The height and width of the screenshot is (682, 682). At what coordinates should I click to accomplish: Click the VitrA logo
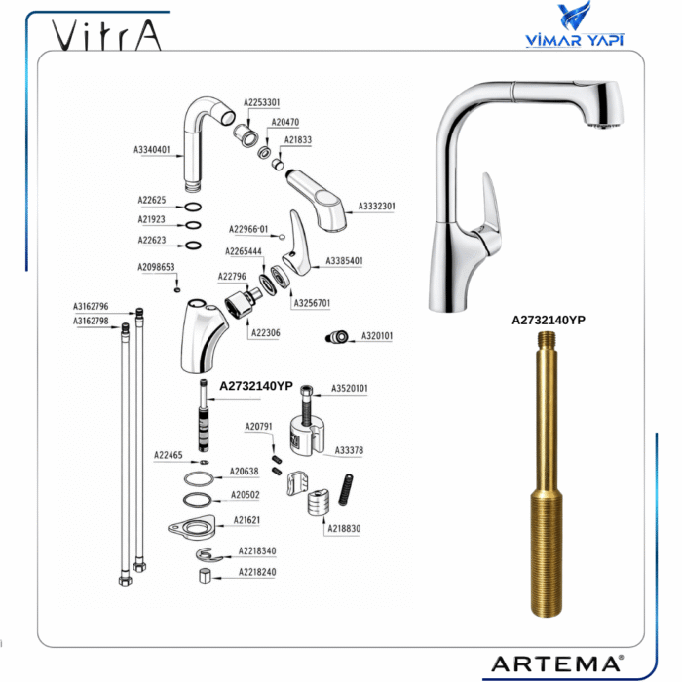[106, 35]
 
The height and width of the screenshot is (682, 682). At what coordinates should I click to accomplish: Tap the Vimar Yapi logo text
[575, 40]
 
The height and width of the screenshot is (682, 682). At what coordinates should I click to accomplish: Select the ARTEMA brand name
[557, 664]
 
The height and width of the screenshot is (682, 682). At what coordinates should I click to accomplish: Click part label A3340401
[151, 150]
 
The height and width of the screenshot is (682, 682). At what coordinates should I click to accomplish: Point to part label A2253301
[261, 102]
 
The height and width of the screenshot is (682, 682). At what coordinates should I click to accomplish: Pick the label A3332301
[377, 206]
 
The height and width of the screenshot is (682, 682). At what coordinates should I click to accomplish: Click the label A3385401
[344, 261]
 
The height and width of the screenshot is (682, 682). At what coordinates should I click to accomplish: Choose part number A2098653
[156, 267]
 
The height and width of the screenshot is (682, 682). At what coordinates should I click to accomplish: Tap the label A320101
[377, 336]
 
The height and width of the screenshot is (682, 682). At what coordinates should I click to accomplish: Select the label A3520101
[349, 388]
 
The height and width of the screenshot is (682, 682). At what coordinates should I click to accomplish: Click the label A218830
[344, 528]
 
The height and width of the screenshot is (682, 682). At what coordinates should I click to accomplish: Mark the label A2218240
[257, 572]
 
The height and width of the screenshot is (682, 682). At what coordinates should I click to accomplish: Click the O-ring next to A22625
[193, 207]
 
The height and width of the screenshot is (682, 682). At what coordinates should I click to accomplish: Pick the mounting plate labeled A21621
[192, 528]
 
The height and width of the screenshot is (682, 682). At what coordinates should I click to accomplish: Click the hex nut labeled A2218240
[205, 576]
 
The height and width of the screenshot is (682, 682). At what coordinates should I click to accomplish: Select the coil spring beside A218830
[345, 489]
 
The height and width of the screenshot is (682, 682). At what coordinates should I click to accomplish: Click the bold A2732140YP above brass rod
[549, 321]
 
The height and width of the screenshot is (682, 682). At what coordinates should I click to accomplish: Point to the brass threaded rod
[547, 474]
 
